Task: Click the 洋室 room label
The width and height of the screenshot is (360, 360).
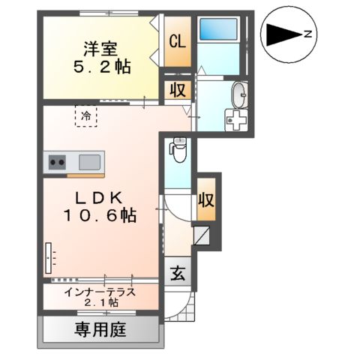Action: coord(99,49)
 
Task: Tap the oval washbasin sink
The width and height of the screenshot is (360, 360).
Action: coord(238,95)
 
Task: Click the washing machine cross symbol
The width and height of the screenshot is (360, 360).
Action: coord(237,120)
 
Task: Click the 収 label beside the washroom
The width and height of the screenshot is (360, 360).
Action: coord(177,91)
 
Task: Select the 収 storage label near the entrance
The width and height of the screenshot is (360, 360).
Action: coord(206,200)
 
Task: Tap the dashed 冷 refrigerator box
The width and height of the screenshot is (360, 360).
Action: coord(87,117)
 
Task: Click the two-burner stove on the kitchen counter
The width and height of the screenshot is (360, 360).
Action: coord(58,160)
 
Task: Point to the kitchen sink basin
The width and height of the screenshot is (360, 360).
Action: coord(89,160)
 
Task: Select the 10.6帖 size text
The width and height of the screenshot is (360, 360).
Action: coord(100,216)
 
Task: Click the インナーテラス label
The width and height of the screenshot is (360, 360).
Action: coord(100,292)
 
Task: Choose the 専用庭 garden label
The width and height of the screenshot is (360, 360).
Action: coord(100,328)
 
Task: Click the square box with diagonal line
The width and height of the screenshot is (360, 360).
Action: coord(202,237)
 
